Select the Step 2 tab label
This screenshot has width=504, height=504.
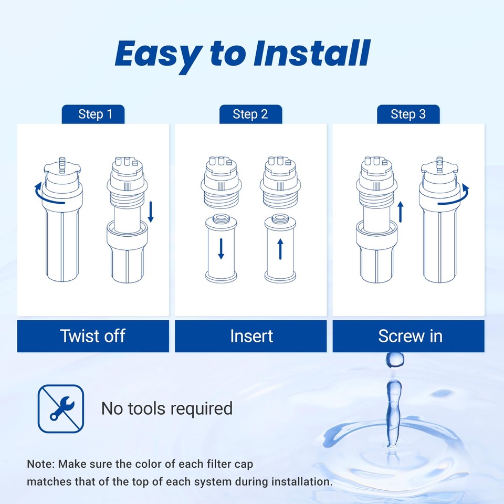250,114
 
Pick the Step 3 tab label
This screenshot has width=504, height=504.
408,114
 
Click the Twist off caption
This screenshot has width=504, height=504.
93,336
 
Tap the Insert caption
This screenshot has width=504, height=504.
251,336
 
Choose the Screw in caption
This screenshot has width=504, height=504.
410,336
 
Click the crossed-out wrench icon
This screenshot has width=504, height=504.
61,408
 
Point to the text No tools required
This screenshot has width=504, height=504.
166,408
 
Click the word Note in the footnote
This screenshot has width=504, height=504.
40,464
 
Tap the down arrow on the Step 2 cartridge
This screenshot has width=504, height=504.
221,248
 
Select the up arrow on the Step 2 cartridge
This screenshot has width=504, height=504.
280,248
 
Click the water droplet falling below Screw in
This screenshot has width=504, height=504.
394,360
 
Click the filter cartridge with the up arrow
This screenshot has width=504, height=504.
280,249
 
